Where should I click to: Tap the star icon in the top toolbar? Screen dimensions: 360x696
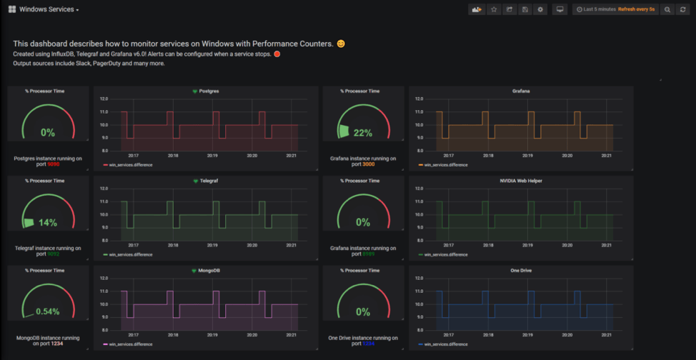pos(493,9)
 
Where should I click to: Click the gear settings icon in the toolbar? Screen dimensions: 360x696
pos(540,9)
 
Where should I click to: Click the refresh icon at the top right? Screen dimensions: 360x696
pos(682,9)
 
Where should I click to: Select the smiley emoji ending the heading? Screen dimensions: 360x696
pos(341,44)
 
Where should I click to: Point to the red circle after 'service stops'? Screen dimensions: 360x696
pos(277,54)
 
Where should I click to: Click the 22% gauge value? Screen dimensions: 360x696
pos(363,133)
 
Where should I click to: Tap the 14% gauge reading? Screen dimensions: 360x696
pos(48,223)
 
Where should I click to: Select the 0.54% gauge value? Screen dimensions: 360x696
pos(48,312)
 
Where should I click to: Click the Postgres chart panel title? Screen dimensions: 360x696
pos(208,91)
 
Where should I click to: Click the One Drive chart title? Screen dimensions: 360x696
pos(521,270)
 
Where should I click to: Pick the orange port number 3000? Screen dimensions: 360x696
pos(369,164)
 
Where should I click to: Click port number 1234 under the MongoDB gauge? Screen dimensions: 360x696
pos(58,344)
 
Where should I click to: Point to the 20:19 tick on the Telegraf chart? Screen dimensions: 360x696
pos(212,244)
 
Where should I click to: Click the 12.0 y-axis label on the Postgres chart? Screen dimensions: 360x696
pos(104,99)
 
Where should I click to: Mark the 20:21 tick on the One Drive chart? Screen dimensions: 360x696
pos(606,334)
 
